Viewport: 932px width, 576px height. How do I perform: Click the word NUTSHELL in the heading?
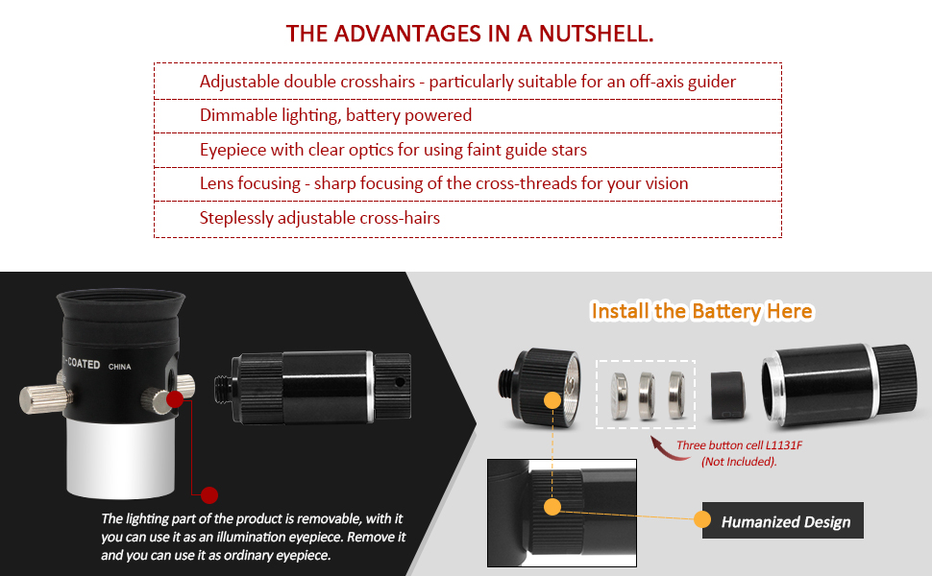596,34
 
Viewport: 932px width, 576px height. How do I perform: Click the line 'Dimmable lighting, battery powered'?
336,115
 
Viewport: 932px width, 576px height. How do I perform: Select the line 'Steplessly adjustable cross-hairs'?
320,218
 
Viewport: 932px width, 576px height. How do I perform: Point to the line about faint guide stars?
394,150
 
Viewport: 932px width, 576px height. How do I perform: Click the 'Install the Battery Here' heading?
702,311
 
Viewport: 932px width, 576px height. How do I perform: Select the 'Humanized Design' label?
785,521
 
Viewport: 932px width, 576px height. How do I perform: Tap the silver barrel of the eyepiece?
122,457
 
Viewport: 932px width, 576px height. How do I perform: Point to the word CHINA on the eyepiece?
119,367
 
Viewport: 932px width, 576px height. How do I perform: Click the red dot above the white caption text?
209,494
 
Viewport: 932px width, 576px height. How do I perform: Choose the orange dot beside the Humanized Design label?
702,519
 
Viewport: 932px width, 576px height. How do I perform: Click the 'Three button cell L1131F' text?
739,445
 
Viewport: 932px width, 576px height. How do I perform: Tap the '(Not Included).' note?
739,462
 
